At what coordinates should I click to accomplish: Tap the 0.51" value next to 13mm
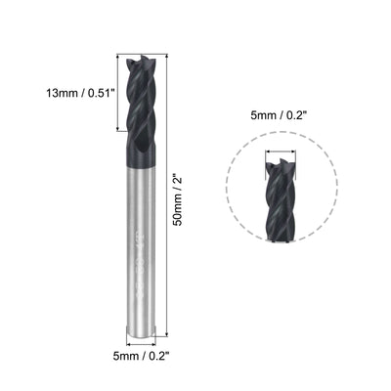coord(97,94)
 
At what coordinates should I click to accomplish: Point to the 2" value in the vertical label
coord(177,183)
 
